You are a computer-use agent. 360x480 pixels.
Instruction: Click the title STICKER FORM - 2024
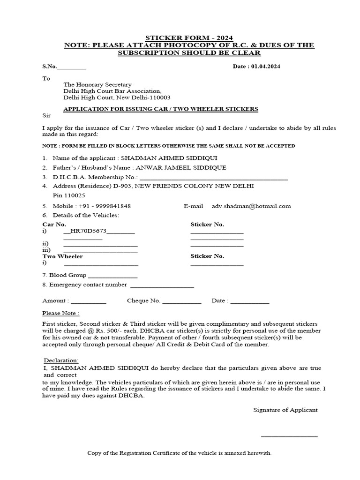[189, 37]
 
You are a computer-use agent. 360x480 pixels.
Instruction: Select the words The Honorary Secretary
[97, 84]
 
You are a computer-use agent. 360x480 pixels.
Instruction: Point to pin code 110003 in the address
[158, 97]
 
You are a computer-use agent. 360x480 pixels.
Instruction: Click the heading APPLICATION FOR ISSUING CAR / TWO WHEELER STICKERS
[161, 109]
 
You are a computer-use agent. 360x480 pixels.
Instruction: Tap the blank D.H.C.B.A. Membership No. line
[214, 178]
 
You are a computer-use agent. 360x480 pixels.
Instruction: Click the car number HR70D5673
[88, 231]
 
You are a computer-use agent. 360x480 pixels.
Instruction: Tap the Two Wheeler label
[62, 256]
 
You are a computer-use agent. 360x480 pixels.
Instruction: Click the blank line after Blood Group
[112, 276]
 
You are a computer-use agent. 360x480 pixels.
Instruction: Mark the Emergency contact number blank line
[162, 285]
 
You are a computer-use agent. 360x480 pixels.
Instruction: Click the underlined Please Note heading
[60, 313]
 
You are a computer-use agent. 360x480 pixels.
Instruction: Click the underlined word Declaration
[61, 360]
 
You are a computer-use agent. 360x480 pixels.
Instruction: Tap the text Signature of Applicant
[285, 410]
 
